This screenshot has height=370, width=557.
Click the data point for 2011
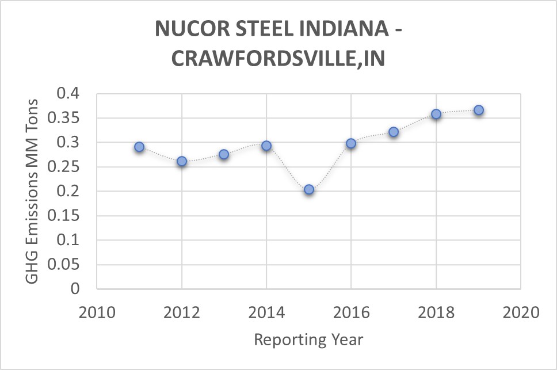pyautogui.click(x=139, y=147)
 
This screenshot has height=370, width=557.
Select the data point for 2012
pyautogui.click(x=182, y=162)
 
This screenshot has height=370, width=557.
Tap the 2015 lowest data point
pyautogui.click(x=309, y=189)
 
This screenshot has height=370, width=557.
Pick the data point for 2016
pyautogui.click(x=351, y=143)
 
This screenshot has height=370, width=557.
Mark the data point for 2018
pyautogui.click(x=436, y=114)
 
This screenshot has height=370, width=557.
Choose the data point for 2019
pyautogui.click(x=479, y=110)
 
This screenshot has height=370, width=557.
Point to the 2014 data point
pyautogui.click(x=266, y=146)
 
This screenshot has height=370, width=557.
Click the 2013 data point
pyautogui.click(x=224, y=154)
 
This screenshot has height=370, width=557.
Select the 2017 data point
pyautogui.click(x=394, y=132)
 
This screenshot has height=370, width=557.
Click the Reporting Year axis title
pyautogui.click(x=308, y=340)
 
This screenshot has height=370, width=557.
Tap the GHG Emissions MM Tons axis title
pyautogui.click(x=32, y=191)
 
